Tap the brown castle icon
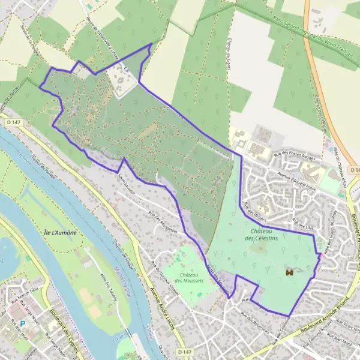(289, 272)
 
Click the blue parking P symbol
(22, 322)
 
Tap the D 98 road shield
(354, 170)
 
